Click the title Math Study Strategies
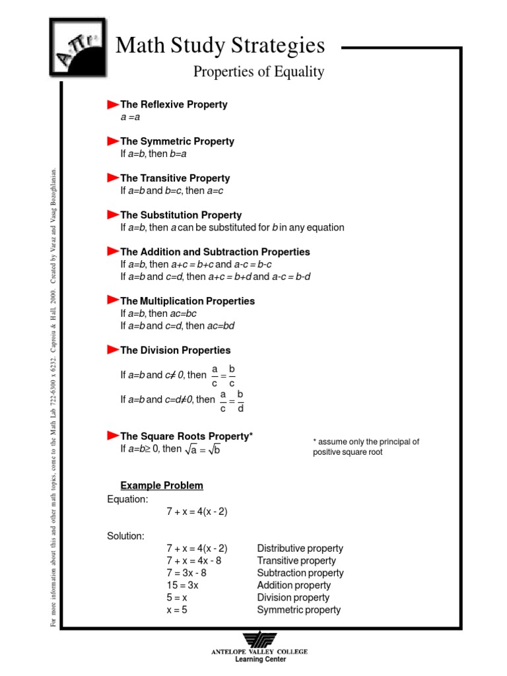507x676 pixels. point(220,46)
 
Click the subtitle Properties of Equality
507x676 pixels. point(259,71)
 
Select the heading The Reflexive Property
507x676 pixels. point(173,104)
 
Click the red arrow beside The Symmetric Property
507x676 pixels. point(112,141)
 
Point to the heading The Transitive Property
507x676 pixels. point(174,178)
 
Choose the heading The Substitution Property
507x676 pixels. point(180,215)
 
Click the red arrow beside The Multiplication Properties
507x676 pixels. point(112,300)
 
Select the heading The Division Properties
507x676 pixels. point(175,350)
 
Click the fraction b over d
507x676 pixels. point(240,401)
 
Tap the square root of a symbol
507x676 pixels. point(191,450)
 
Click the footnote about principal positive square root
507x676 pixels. point(366,447)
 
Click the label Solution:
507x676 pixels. point(125,535)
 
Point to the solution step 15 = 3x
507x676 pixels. point(182,585)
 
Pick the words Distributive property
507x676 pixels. point(300,548)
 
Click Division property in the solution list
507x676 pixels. point(292,597)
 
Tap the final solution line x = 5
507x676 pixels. point(177,610)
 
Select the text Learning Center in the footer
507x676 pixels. point(259,659)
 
